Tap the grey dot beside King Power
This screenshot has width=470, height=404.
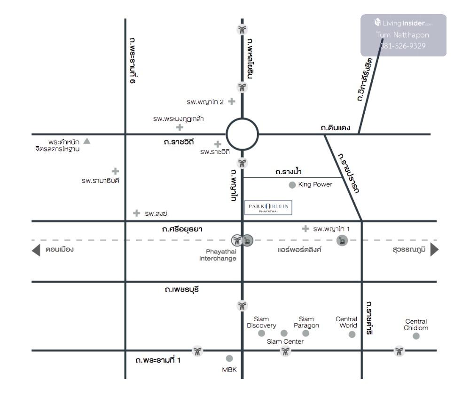tap(292, 185)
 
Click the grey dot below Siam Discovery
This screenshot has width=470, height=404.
tap(262, 333)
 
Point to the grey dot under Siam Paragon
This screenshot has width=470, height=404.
tap(306, 333)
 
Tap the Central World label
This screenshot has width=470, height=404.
tap(346, 322)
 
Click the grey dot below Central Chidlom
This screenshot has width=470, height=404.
tap(416, 336)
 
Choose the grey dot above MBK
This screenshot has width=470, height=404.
tap(229, 358)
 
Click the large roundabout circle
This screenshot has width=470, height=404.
tap(243, 135)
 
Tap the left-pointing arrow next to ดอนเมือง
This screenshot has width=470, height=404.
tap(36, 250)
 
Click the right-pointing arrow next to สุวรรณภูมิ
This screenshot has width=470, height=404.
tap(434, 250)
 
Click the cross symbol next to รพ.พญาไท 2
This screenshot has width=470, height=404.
tap(231, 101)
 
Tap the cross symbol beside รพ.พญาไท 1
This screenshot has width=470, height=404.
tap(305, 229)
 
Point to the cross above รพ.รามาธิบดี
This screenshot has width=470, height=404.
tap(115, 171)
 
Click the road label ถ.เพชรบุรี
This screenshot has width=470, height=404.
tap(182, 290)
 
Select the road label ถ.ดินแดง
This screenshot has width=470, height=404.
tap(335, 127)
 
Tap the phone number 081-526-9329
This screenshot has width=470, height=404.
tap(403, 46)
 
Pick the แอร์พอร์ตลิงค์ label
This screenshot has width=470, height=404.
tap(299, 250)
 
